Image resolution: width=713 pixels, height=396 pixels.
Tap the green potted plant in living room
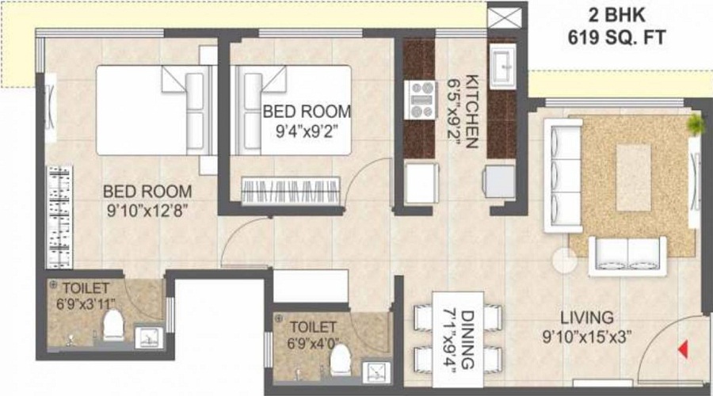[696, 123]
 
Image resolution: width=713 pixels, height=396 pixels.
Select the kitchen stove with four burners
[420, 100]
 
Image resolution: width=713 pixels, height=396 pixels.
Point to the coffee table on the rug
[633, 177]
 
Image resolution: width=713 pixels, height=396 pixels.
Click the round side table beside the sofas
[566, 260]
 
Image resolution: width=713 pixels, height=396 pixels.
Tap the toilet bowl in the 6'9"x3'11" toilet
[113, 324]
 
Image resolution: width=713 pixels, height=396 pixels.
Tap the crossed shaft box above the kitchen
[504, 18]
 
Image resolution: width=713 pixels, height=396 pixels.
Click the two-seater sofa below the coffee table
[631, 253]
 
